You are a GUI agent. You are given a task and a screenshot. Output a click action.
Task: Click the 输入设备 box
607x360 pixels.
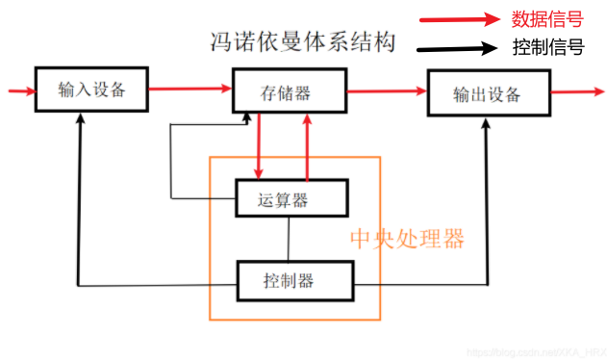click(x=92, y=91)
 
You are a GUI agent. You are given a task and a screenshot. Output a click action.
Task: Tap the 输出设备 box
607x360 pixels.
click(x=487, y=94)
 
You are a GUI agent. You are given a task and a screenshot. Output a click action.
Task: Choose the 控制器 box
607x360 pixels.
click(x=294, y=281)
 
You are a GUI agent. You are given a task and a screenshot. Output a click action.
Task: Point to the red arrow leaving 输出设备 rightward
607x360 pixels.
click(x=575, y=93)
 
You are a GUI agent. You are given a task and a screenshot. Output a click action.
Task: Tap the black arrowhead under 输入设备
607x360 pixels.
click(x=79, y=121)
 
